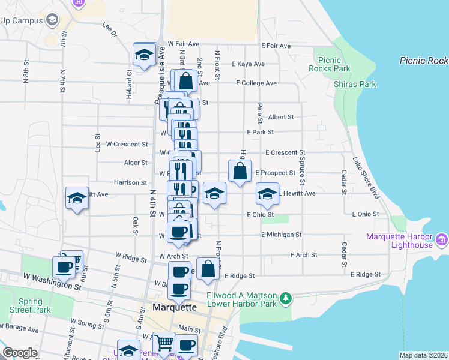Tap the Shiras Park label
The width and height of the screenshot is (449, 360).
click(355, 84)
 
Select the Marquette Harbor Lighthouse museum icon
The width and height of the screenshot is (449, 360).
click(442, 240)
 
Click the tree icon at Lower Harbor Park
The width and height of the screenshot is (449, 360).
click(287, 298)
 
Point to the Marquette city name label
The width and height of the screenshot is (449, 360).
click(175, 307)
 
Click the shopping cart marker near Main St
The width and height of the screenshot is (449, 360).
click(164, 343)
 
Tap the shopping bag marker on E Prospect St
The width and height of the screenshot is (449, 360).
click(240, 172)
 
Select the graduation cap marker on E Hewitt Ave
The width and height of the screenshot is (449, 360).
click(268, 194)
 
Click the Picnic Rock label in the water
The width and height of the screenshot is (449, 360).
click(423, 61)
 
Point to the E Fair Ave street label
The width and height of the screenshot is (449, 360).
click(276, 46)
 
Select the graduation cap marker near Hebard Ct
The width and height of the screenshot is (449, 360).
click(145, 55)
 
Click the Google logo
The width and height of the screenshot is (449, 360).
click(20, 353)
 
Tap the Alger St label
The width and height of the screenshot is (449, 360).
click(135, 163)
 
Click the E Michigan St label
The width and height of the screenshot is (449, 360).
click(281, 235)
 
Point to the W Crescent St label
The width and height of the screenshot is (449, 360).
click(127, 144)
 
